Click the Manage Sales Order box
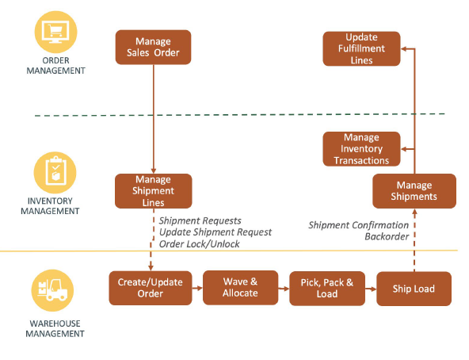[x=153, y=47]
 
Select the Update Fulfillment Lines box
[x=361, y=48]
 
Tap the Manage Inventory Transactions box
[x=361, y=149]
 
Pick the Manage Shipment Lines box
[x=153, y=191]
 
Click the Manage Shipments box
[x=414, y=191]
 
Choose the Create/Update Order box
[x=151, y=288]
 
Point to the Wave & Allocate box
[x=240, y=288]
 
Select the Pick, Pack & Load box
[x=327, y=288]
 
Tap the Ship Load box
[x=414, y=289]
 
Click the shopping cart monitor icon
[x=55, y=32]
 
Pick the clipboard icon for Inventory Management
[x=55, y=173]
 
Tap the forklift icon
[x=52, y=290]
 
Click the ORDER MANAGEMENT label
[x=55, y=66]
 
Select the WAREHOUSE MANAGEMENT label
[x=55, y=328]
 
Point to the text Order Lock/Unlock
[x=199, y=244]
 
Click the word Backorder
[x=387, y=236]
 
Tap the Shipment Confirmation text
[x=358, y=225]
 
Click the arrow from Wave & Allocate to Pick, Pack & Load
[x=284, y=289]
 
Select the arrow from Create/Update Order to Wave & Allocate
[x=197, y=288]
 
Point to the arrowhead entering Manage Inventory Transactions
[x=403, y=149]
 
